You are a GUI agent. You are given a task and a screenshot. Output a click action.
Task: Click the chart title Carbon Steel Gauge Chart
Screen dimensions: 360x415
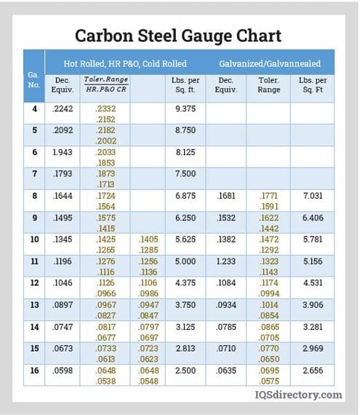pos(179,35)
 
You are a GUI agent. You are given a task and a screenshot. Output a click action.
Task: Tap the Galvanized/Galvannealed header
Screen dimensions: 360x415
pos(270,63)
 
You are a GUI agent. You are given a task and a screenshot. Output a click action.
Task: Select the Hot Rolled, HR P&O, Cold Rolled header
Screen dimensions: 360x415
pos(125,63)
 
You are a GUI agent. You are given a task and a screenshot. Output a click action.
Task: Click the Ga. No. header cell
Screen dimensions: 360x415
pos(34,79)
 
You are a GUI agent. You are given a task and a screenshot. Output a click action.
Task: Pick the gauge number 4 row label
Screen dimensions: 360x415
pos(34,108)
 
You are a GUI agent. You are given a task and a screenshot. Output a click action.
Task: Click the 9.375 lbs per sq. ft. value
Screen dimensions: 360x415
pos(185,108)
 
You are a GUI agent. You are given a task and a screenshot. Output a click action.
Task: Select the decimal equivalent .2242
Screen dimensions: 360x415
pos(64,108)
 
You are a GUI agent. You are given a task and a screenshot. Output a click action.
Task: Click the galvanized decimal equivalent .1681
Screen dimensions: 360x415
pos(227,196)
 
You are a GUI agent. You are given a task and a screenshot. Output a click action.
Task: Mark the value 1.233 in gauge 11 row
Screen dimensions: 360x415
pos(226,261)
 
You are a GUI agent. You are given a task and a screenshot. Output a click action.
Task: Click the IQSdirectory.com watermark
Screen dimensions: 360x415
pos(306,395)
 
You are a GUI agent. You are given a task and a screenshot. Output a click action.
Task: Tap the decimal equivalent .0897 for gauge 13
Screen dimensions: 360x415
pos(64,305)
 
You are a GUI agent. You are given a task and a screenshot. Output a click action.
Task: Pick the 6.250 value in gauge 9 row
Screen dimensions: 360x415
pos(185,218)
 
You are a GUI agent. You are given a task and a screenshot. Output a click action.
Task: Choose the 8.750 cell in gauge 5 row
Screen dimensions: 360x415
pos(185,130)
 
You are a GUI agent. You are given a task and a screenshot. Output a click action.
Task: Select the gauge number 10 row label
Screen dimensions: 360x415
pos(33,239)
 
